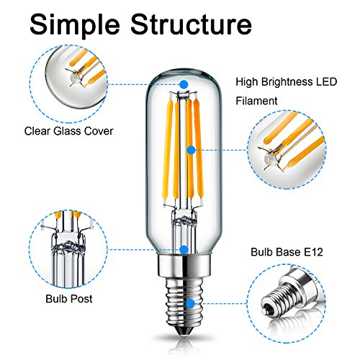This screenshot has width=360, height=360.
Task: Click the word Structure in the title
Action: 192,24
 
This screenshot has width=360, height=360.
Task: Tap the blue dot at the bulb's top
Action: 184,84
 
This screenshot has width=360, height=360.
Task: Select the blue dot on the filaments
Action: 191,150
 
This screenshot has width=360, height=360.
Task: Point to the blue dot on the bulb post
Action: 184,250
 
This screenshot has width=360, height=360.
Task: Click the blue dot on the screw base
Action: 191,303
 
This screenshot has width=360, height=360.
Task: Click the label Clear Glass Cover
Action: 68,131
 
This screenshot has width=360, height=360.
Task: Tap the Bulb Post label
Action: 69,299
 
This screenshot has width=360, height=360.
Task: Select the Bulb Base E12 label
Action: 287,252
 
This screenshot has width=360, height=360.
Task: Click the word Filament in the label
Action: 256,101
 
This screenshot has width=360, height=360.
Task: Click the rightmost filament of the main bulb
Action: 199,149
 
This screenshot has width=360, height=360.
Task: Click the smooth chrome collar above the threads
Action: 184,265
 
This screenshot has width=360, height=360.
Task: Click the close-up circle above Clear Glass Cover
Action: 68,84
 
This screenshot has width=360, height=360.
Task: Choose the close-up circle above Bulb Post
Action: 68,248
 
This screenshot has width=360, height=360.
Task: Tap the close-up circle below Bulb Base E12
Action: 287,304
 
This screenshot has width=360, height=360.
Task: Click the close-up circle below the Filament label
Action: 287,150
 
